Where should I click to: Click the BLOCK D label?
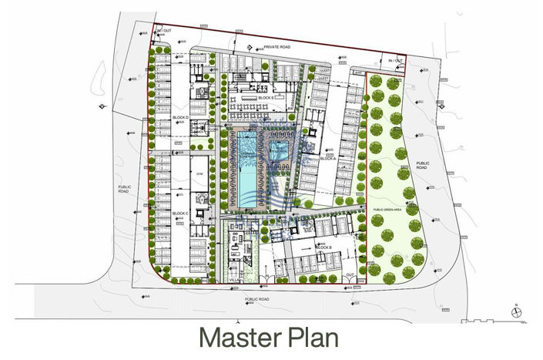[x=181, y=116]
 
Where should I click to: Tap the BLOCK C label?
[x=181, y=213]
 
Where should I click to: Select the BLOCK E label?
[x=266, y=99]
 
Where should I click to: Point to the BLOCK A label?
[x=328, y=157]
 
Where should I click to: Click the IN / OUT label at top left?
[x=163, y=31]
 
